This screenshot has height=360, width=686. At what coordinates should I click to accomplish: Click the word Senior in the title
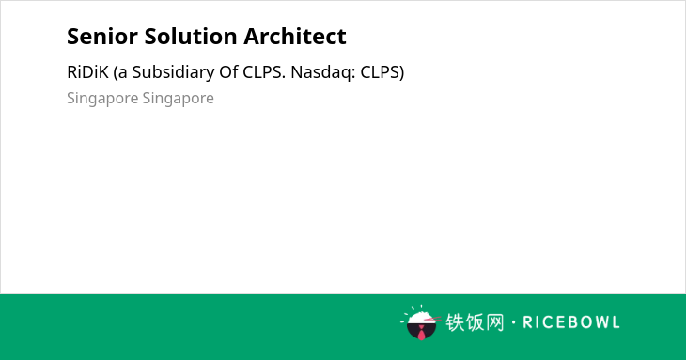(x=102, y=37)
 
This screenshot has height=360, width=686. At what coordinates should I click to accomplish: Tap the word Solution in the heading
(x=191, y=37)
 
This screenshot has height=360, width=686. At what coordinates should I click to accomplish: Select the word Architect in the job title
(x=295, y=37)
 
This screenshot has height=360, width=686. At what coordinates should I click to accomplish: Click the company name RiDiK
(x=87, y=72)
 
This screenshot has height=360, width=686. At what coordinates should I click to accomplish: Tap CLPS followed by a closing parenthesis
(x=382, y=72)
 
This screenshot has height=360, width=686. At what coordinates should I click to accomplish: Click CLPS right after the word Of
(x=264, y=72)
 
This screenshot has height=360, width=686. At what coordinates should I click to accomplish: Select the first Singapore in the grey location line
(x=102, y=99)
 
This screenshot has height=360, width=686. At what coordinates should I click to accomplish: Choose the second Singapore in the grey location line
(x=178, y=99)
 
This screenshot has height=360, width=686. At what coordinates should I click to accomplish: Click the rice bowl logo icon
(x=420, y=322)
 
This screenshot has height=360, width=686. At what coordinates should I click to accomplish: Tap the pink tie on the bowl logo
(x=421, y=333)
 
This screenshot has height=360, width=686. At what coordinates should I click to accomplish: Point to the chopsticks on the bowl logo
(x=432, y=319)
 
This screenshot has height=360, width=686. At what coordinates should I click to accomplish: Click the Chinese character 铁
(x=455, y=322)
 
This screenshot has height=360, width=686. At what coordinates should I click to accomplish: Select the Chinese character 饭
(x=475, y=322)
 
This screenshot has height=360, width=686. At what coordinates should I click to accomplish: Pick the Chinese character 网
(x=494, y=322)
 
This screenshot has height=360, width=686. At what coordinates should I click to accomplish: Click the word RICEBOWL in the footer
(x=571, y=322)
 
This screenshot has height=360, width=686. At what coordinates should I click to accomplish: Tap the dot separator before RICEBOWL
(x=513, y=322)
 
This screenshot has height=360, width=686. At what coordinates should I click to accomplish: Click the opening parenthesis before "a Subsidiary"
(x=116, y=73)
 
